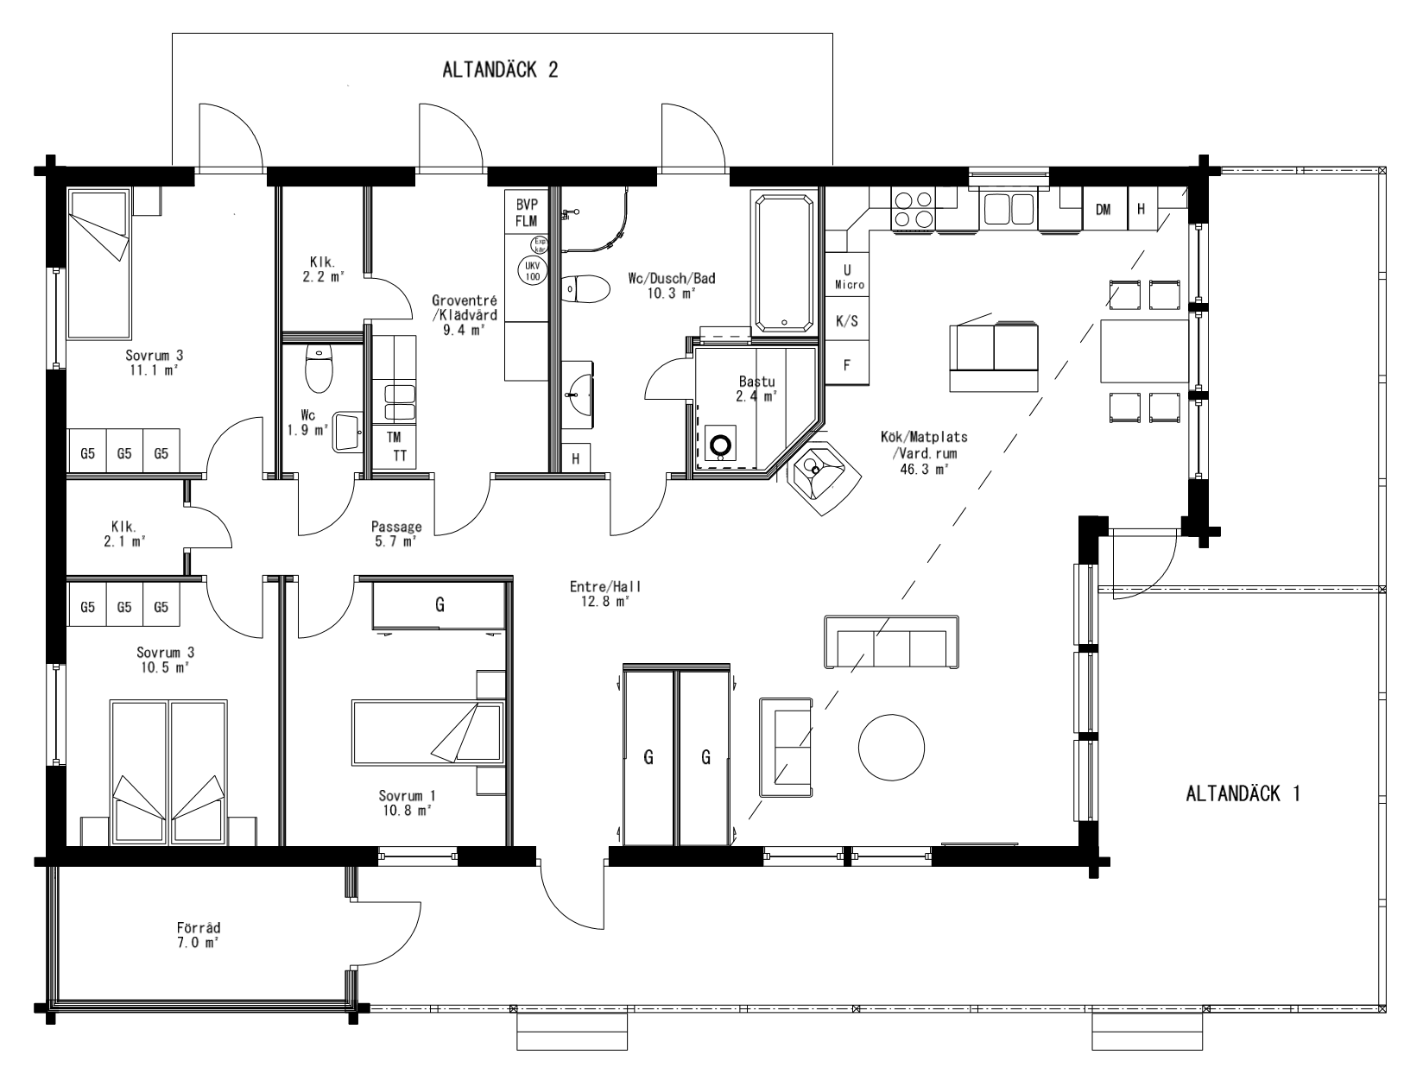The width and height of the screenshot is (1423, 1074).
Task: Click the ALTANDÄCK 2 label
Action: tap(500, 70)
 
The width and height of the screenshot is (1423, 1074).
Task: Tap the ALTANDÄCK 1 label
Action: tap(1243, 793)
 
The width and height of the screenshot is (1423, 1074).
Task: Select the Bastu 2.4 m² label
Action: tap(756, 389)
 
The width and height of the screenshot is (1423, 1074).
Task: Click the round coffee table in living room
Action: tap(891, 745)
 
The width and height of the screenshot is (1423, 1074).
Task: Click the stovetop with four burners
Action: tap(913, 210)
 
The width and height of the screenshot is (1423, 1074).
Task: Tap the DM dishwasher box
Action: tap(1103, 209)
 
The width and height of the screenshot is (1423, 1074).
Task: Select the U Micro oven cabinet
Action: tap(847, 275)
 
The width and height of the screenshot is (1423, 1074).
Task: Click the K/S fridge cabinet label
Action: tap(847, 321)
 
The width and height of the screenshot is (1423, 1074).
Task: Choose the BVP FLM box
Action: tap(526, 212)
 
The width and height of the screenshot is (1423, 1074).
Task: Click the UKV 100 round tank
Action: tap(532, 270)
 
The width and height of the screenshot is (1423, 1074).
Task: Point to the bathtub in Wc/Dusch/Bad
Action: tap(784, 263)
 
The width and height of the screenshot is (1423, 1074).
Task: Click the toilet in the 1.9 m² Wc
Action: tap(319, 368)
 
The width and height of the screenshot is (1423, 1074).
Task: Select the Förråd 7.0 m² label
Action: tap(198, 935)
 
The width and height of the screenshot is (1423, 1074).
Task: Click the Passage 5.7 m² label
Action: tap(396, 534)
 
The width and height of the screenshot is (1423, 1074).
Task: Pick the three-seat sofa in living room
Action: tap(891, 642)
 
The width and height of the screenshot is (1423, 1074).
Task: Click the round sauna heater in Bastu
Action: tap(719, 445)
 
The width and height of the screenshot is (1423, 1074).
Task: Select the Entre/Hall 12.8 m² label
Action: tap(605, 594)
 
